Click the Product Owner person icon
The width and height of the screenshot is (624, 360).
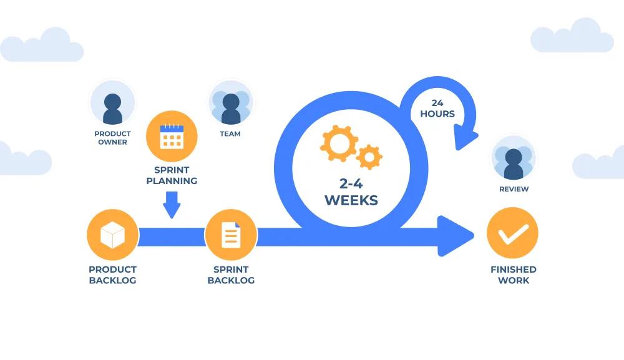tap(112, 104)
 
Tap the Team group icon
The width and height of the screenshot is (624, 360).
tap(230, 104)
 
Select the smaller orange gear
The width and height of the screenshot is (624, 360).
tap(369, 157)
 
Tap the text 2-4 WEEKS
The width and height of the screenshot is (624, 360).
tap(351, 193)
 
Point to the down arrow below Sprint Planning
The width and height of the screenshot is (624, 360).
tap(172, 205)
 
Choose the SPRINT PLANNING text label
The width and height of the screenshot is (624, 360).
tap(172, 175)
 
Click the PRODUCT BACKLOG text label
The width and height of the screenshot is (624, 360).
tap(112, 275)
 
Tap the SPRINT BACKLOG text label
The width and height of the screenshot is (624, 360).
tap(230, 275)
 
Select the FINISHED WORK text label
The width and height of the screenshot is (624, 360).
tap(513, 275)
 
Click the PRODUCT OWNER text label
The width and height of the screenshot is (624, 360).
tap(112, 138)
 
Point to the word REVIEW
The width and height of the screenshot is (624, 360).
tap(514, 189)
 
